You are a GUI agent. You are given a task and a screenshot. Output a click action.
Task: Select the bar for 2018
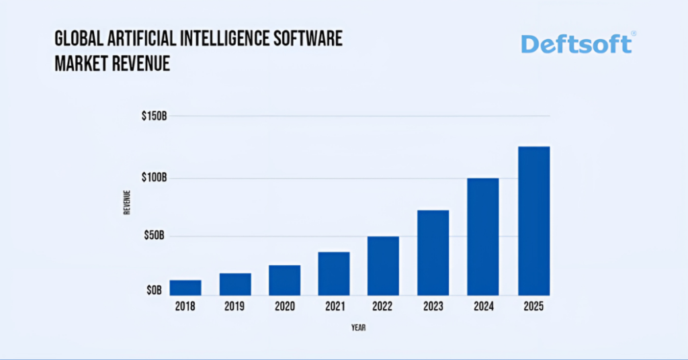click(x=185, y=287)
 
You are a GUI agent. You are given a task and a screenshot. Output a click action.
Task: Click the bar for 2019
click(x=235, y=284)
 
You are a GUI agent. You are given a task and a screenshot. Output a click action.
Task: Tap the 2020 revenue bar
click(x=285, y=280)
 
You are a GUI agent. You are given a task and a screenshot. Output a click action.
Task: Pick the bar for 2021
click(x=334, y=273)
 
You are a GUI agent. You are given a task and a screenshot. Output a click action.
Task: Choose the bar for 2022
click(x=384, y=265)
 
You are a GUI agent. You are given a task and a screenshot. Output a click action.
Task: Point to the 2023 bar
click(x=433, y=253)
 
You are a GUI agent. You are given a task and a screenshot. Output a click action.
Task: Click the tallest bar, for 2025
click(x=533, y=221)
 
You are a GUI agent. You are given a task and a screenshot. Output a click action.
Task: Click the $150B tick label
click(x=154, y=116)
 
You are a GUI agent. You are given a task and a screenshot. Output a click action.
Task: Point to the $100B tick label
click(x=154, y=178)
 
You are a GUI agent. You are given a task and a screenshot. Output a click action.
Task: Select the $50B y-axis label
click(x=156, y=236)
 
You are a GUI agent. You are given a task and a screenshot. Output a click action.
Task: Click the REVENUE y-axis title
click(x=126, y=203)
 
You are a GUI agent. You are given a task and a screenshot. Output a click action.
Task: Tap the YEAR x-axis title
click(x=358, y=328)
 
